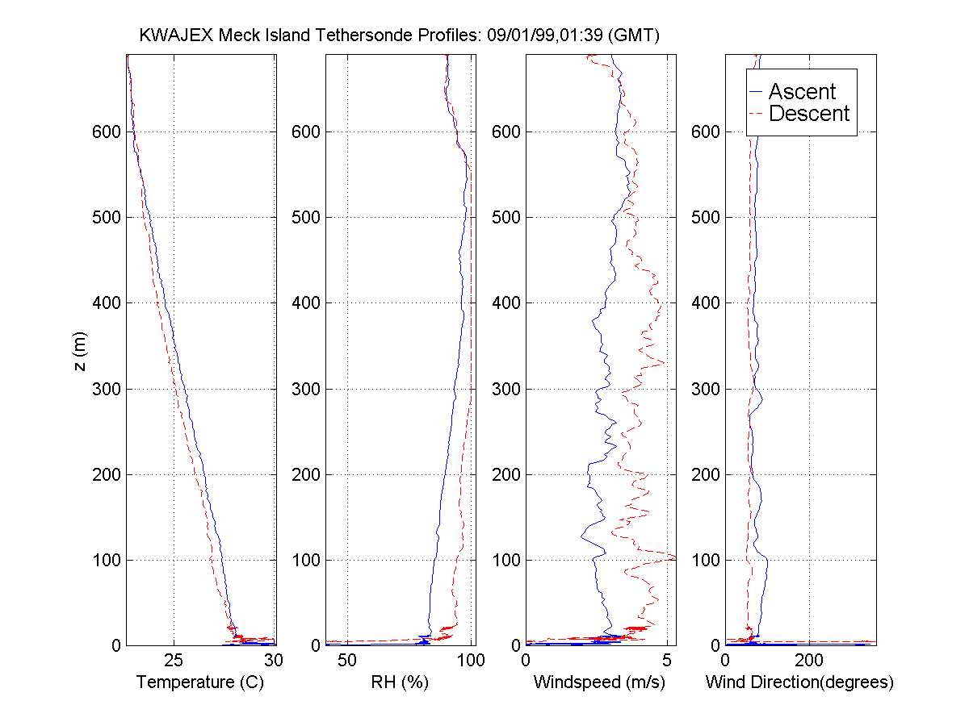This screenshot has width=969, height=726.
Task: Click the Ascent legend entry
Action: [801, 91]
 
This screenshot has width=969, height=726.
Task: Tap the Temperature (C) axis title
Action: [200, 682]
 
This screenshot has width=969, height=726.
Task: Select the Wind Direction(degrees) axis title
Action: [799, 682]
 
